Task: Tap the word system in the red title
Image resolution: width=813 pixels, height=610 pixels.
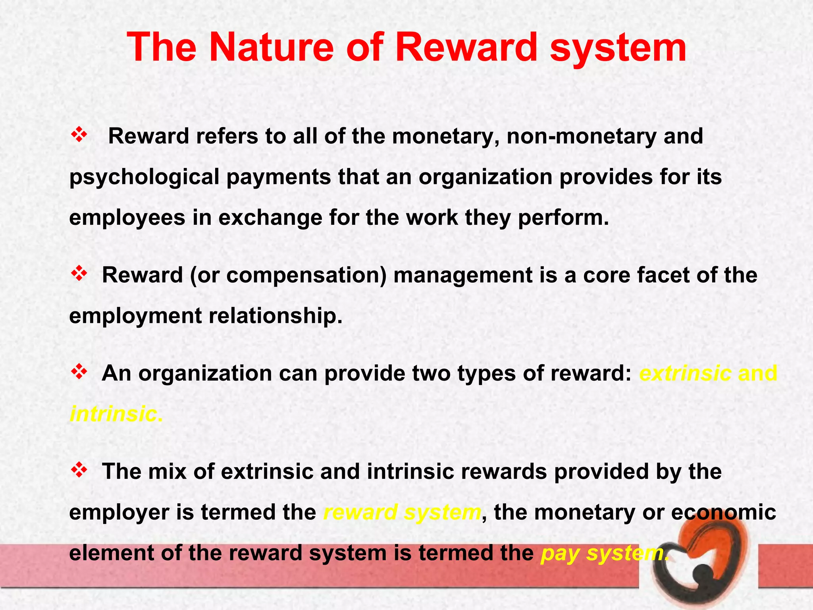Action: (618, 48)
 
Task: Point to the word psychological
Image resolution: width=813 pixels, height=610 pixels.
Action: (144, 178)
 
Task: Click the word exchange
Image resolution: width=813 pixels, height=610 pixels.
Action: (270, 218)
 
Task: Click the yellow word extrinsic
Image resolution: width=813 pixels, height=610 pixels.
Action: (685, 373)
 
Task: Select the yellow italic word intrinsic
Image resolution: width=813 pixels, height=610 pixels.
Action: (116, 414)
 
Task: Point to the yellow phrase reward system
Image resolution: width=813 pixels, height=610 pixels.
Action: (402, 512)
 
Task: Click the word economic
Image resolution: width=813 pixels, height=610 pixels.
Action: (723, 512)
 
